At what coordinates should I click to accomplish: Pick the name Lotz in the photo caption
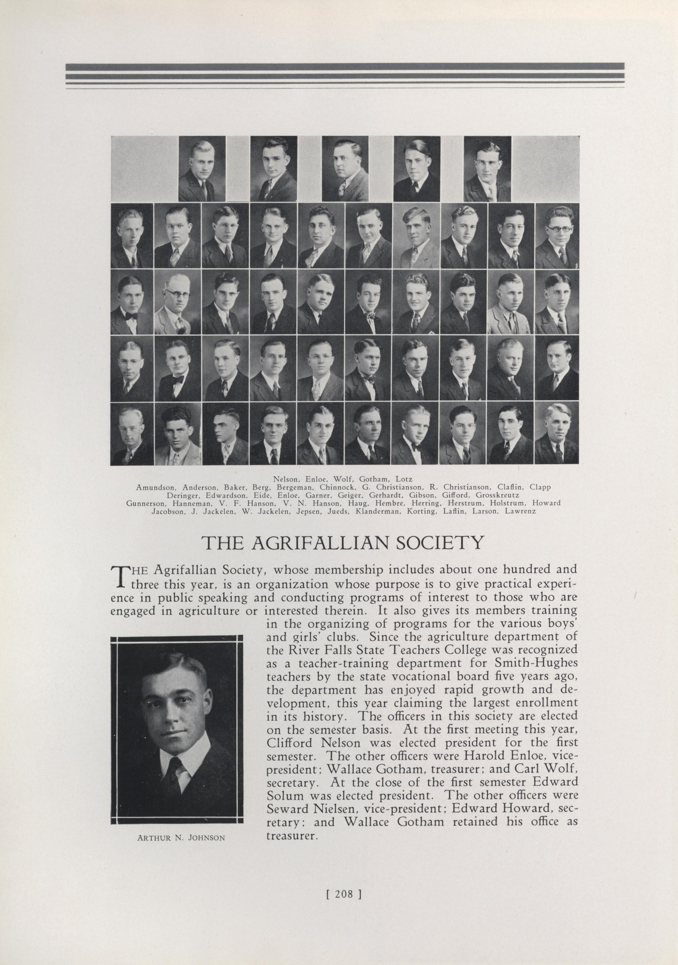click(x=404, y=479)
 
